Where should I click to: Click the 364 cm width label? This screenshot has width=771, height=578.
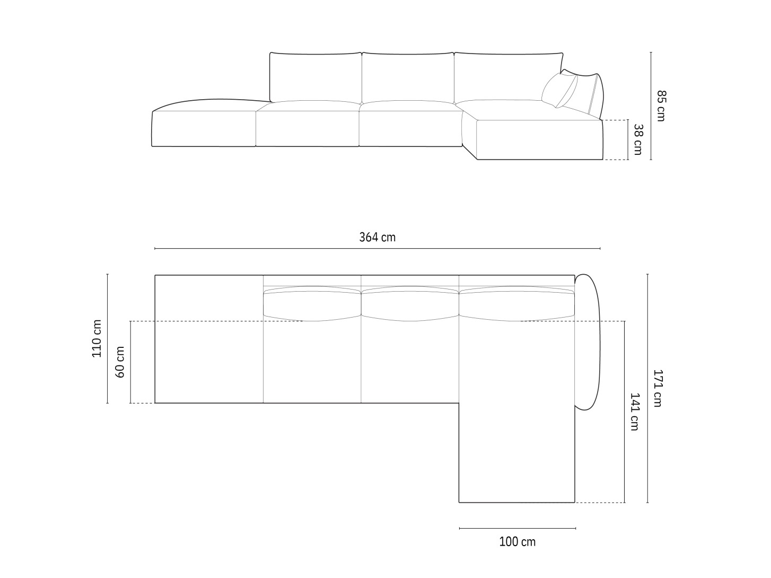coord(377,238)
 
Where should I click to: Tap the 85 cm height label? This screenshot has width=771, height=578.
coord(661,106)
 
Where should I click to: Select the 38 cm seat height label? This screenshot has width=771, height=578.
coord(638,139)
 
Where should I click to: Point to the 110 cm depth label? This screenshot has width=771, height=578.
coord(97,338)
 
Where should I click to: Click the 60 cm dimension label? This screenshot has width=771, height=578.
coord(120,362)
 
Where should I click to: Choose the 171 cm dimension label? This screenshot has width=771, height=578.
coord(657,388)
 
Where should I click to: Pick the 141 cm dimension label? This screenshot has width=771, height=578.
coord(634,412)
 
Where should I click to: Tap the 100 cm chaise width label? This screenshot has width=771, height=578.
coord(518,542)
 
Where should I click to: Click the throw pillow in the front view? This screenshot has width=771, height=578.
coord(559,90)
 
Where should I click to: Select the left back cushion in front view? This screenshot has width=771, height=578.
coord(316,77)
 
